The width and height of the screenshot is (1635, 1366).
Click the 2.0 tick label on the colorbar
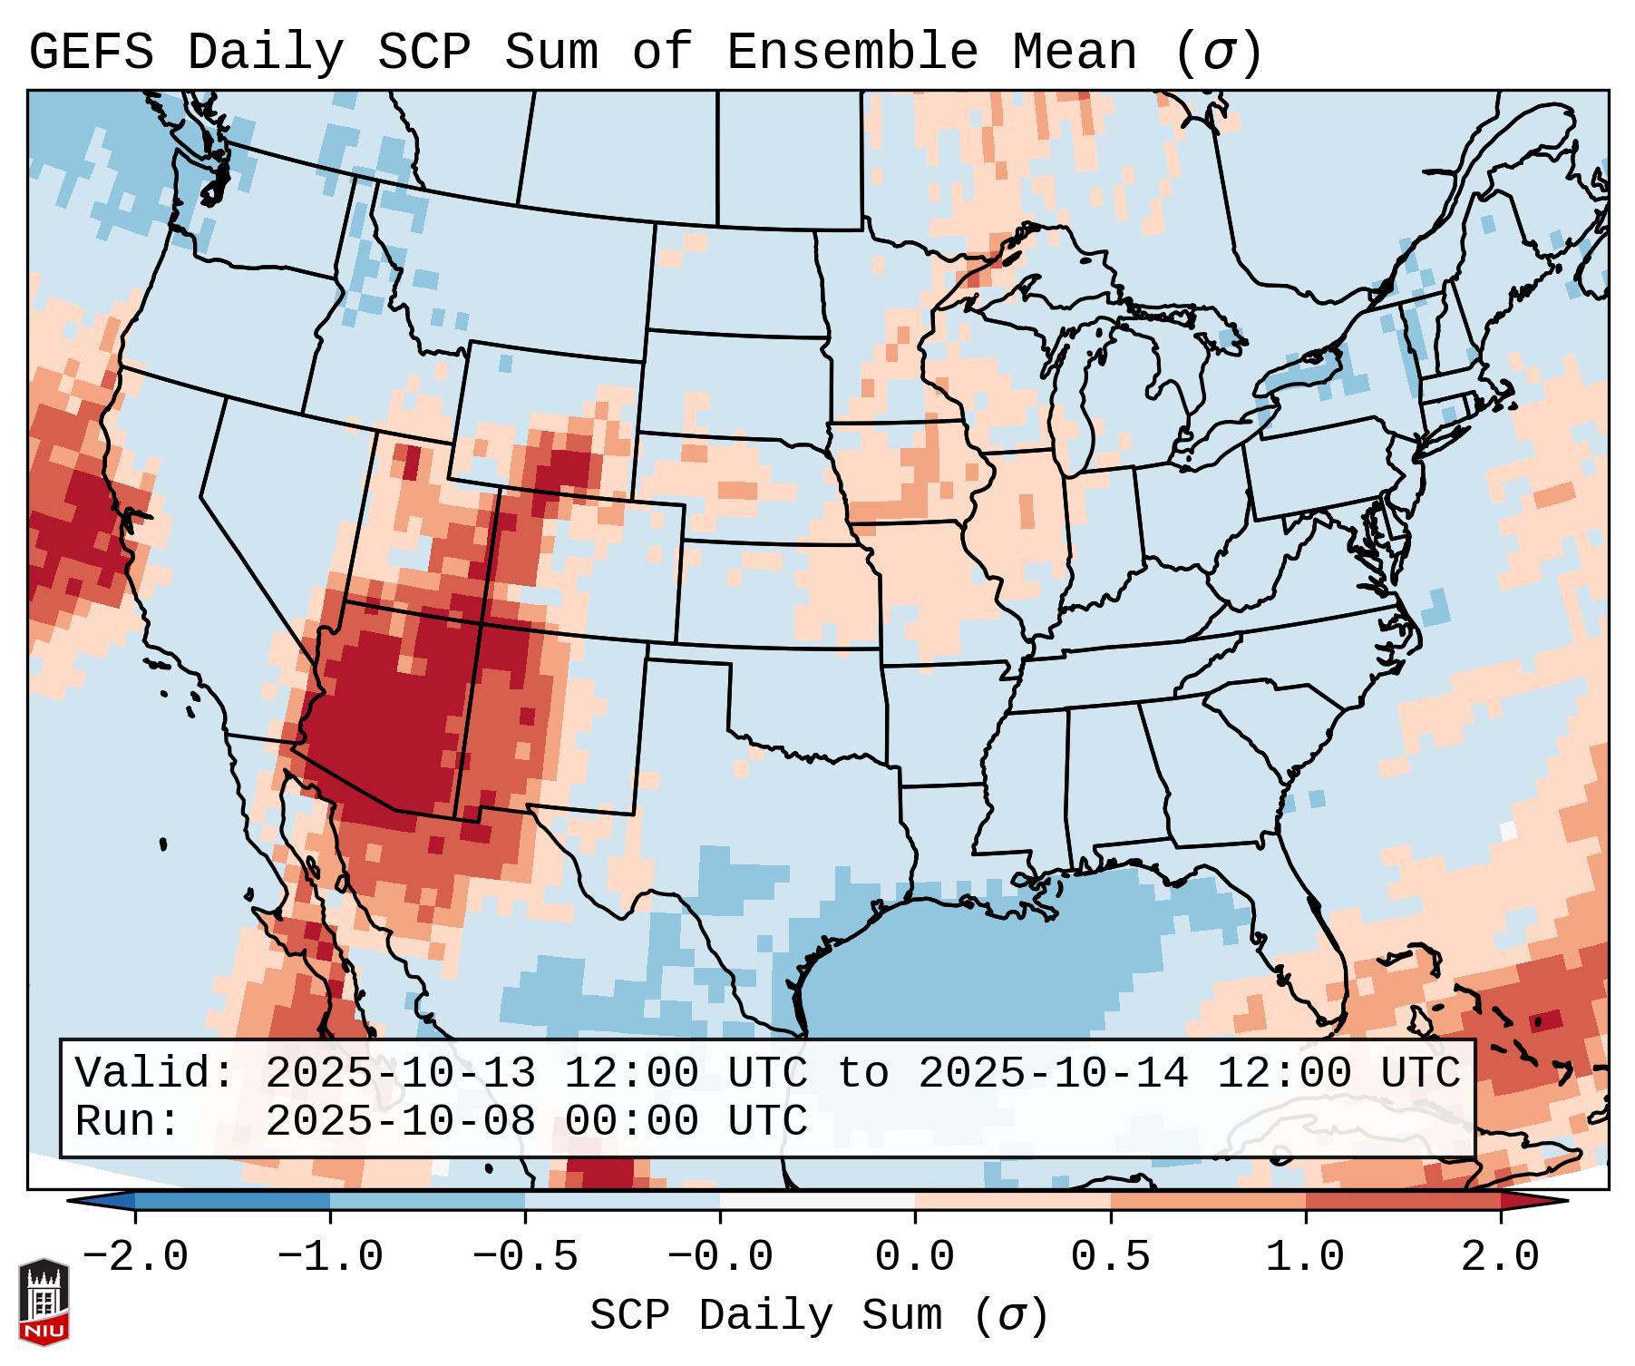click(x=1500, y=1257)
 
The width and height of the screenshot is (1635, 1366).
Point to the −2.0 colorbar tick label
click(x=135, y=1257)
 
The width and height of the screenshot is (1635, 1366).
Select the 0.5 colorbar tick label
click(x=1110, y=1257)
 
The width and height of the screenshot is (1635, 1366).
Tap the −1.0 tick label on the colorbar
click(x=330, y=1257)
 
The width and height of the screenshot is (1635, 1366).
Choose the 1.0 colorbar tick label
click(x=1305, y=1257)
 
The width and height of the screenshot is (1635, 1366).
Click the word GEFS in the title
click(x=91, y=53)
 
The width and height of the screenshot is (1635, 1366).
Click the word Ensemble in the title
click(x=852, y=53)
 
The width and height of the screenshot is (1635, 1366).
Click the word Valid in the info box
click(x=154, y=1073)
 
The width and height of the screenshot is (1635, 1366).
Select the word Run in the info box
click(x=127, y=1122)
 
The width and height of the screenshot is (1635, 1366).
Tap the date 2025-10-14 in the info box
click(x=1053, y=1073)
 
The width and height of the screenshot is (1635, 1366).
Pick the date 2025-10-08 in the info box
click(x=400, y=1122)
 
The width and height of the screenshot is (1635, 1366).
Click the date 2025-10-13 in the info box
click(x=400, y=1073)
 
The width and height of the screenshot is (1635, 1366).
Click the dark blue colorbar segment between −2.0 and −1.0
click(x=232, y=1200)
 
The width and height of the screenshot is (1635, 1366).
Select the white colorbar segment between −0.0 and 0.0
click(x=817, y=1200)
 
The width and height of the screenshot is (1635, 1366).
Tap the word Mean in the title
click(x=1074, y=53)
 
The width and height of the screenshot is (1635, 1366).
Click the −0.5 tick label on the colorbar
click(x=525, y=1257)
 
